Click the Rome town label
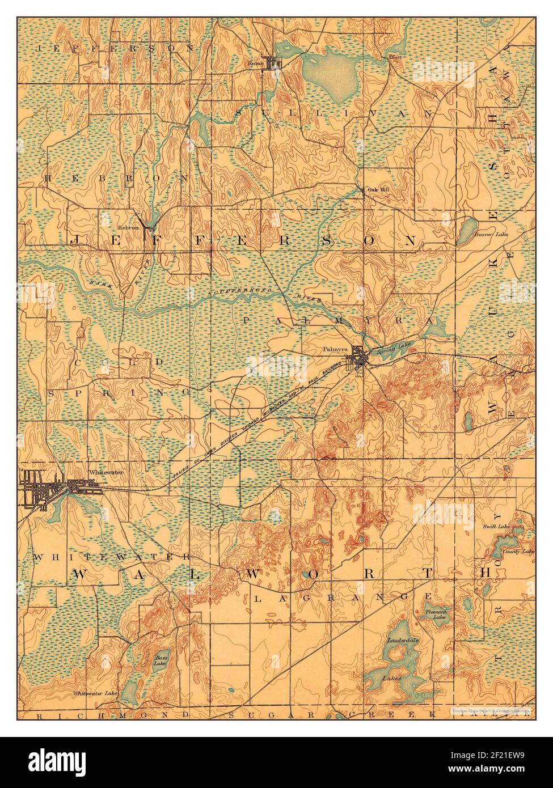256,63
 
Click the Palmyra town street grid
360,358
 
